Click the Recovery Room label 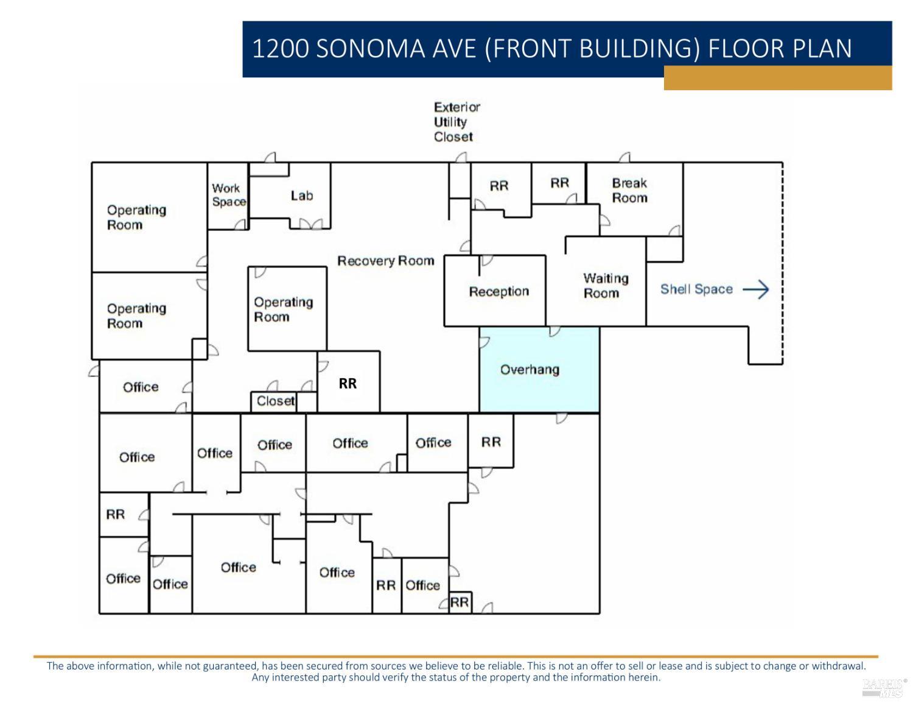tap(386, 261)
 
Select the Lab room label tap(301, 196)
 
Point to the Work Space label tap(228, 195)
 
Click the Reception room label tap(498, 291)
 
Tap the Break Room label tap(629, 190)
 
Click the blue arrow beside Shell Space tap(756, 289)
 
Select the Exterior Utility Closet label tap(456, 122)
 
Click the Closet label tap(276, 401)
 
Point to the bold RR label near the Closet tap(348, 383)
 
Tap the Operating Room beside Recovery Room tap(283, 309)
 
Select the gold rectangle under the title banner tap(777, 78)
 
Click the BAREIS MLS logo tap(884, 687)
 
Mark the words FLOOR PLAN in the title tap(780, 49)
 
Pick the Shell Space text tap(696, 289)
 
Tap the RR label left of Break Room tap(559, 183)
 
